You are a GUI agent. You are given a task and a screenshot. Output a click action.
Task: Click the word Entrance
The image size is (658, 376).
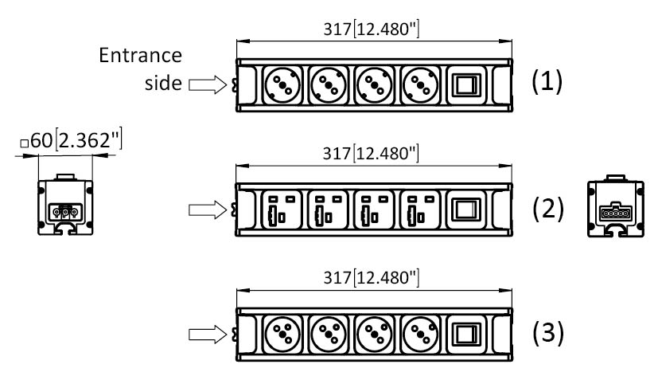click(140, 55)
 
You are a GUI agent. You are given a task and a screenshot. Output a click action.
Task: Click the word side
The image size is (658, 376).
click(163, 83)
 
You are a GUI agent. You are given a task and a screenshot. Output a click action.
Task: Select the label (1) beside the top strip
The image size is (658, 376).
click(547, 80)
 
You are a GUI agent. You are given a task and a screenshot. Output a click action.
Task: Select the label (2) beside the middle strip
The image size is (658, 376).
click(548, 209)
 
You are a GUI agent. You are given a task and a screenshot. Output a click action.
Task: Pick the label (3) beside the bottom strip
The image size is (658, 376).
click(548, 333)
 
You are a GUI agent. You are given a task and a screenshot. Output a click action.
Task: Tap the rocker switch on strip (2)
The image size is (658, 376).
click(467, 210)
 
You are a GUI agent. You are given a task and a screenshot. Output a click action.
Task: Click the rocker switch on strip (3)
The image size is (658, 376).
click(467, 334)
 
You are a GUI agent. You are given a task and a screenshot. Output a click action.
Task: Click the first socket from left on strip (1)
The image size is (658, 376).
click(282, 85)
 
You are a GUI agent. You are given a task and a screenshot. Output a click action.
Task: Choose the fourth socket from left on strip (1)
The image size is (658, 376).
click(421, 85)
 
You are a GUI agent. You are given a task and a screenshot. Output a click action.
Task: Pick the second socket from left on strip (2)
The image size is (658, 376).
click(327, 210)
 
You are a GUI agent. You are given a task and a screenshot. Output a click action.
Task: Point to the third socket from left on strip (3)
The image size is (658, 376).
click(374, 334)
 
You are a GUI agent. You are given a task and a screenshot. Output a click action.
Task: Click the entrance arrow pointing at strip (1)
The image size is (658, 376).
click(208, 85)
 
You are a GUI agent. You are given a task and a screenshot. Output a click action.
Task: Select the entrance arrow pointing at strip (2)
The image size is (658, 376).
click(208, 210)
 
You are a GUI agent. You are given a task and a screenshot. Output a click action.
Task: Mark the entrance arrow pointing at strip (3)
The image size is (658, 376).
click(208, 335)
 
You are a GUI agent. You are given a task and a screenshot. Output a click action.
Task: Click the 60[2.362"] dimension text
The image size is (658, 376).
click(72, 139)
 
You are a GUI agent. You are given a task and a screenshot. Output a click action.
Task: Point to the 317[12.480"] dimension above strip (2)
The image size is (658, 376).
click(371, 153)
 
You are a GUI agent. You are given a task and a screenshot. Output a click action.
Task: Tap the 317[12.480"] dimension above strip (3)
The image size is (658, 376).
click(372, 277)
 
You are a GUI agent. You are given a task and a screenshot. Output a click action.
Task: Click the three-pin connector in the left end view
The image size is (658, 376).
click(65, 212)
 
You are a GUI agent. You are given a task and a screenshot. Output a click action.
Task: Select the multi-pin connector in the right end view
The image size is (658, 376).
click(616, 212)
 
